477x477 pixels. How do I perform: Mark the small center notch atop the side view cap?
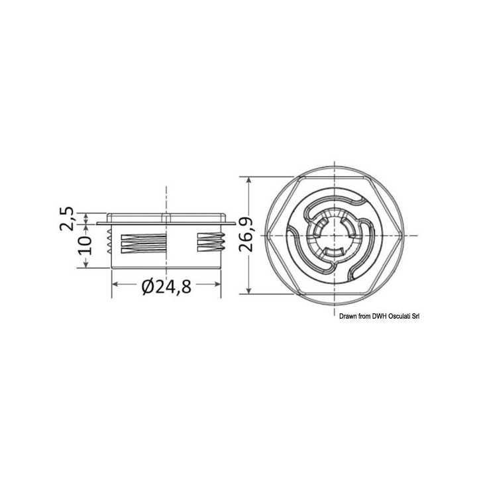[x=166, y=217]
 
